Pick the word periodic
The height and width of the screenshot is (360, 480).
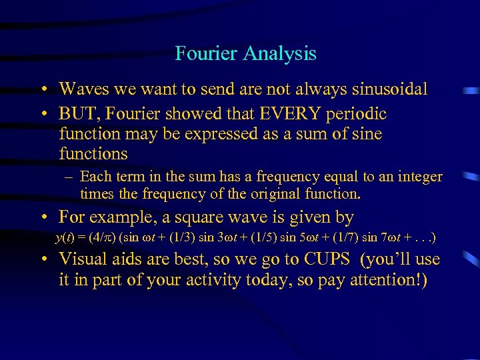[357, 114]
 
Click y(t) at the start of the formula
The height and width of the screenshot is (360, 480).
[65, 238]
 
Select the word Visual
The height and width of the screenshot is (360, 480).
[81, 259]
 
